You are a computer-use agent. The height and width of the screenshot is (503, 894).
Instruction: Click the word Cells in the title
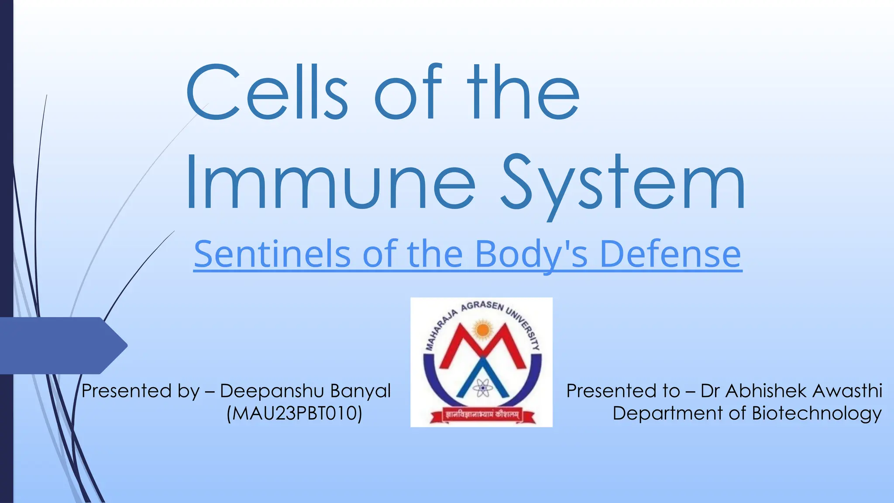coord(266,93)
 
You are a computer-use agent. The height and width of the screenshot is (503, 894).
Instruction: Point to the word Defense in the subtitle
coord(670,254)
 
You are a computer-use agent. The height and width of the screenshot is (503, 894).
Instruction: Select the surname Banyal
coord(360,391)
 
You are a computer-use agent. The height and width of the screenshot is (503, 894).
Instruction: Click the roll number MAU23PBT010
coord(295,413)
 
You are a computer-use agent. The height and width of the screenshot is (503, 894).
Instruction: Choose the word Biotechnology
coord(816,413)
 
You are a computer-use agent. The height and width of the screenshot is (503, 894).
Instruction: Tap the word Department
coord(668,413)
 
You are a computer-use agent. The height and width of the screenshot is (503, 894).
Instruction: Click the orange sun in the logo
coord(482,330)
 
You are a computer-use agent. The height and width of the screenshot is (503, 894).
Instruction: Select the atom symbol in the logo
coord(481,388)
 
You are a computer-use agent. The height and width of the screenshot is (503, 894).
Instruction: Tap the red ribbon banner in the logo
coord(481,415)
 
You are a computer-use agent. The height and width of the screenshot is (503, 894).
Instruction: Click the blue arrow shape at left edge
coord(61,345)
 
